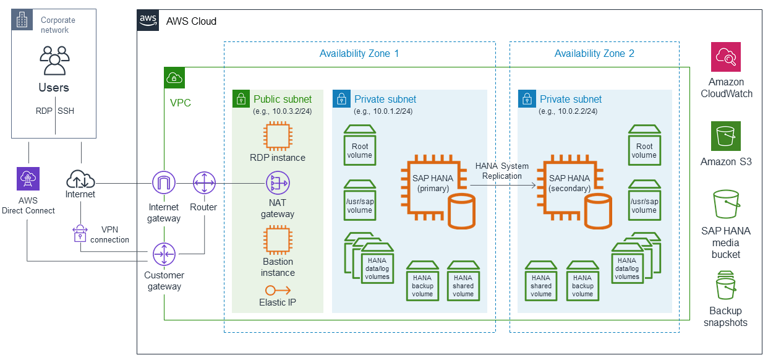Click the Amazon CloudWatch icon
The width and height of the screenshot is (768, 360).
(x=725, y=57)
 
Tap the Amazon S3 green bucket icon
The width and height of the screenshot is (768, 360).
(x=725, y=136)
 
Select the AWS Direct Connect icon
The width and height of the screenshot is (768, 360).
(x=28, y=179)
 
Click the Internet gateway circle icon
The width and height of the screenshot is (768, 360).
(x=164, y=183)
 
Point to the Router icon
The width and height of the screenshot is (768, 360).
(x=204, y=183)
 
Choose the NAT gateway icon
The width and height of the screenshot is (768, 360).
(x=278, y=183)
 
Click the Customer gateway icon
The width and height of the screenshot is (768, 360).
(x=164, y=254)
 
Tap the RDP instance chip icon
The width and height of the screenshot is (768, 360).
(x=278, y=136)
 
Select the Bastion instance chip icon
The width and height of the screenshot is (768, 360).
(x=278, y=240)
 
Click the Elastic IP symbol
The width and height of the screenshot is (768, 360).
(x=278, y=290)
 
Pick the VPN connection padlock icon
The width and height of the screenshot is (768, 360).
(x=80, y=233)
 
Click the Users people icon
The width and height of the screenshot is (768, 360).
(x=54, y=61)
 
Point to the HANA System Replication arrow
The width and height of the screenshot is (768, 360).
(x=503, y=186)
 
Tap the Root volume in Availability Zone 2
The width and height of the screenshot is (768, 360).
(x=644, y=145)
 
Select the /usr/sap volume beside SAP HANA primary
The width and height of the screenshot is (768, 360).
(x=360, y=200)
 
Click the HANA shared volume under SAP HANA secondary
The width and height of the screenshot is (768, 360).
(x=541, y=281)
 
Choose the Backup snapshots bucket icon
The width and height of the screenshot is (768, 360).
(x=725, y=285)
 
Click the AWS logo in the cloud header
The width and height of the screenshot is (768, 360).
(x=148, y=20)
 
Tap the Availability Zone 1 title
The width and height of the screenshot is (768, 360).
(x=359, y=53)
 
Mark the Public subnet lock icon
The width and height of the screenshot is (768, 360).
(x=241, y=99)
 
